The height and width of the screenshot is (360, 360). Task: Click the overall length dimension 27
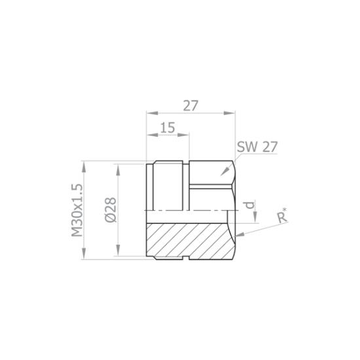pos(190,105)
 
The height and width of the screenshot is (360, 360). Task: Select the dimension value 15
pos(168,128)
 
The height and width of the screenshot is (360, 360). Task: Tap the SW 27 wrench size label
pos(257,147)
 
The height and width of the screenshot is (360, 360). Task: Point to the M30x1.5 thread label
pos(77,210)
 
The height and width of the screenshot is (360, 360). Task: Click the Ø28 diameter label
pos(111,210)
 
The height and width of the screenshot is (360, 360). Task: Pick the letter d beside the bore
pos(250,205)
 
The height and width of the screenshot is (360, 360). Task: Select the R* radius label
pos(282,215)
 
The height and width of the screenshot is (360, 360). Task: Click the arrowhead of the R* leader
pos(239,234)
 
